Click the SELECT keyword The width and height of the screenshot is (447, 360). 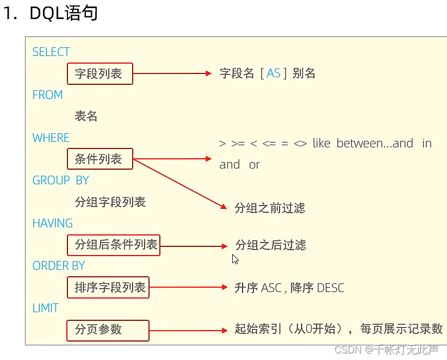coord(51,52)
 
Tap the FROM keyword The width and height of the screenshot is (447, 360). coord(47,95)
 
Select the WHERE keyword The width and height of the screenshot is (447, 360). coord(51,138)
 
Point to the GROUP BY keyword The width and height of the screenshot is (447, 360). coord(60,181)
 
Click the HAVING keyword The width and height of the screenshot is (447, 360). coord(52,224)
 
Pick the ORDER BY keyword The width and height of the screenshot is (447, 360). coord(59,266)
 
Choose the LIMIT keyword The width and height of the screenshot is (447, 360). coord(45,308)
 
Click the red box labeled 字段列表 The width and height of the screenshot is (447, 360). coord(100,73)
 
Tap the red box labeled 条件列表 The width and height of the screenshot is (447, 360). coord(100,159)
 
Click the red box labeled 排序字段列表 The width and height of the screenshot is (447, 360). coord(110,288)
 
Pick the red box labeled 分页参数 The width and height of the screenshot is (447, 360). coord(108,330)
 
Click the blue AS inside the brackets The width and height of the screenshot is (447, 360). coord(274,73)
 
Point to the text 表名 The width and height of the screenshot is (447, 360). coord(86,116)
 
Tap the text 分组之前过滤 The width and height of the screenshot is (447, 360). coord(270,208)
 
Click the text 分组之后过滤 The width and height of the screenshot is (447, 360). coord(271,245)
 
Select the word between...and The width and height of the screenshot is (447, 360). coord(375,144)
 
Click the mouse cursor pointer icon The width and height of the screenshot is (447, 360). coord(235,259)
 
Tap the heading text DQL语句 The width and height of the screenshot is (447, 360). coord(64,14)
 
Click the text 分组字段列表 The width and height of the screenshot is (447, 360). coord(110,202)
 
